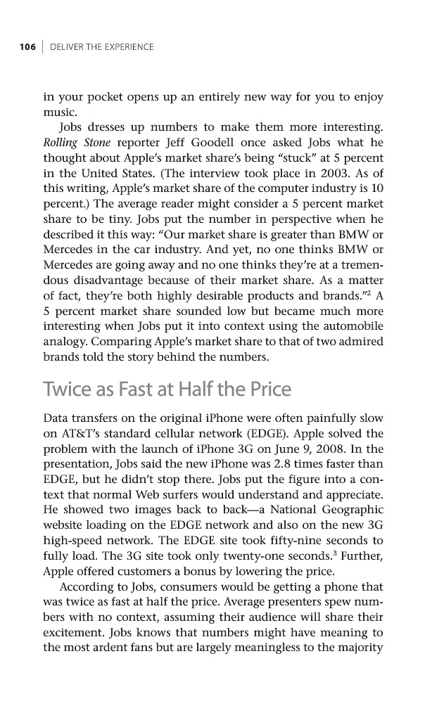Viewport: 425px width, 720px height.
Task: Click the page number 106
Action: (x=27, y=47)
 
